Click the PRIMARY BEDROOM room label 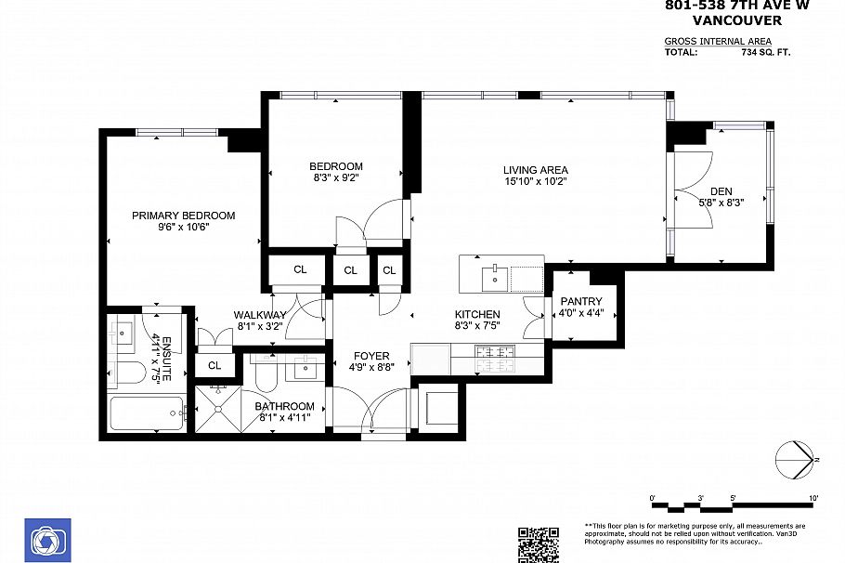click(183, 216)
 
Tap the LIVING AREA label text click(535, 170)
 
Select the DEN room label click(721, 191)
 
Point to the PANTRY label click(581, 301)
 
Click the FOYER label click(371, 356)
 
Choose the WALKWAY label click(260, 315)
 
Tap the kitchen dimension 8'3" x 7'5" click(477, 326)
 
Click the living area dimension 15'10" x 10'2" click(535, 181)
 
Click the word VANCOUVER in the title click(737, 20)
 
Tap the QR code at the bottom click(538, 544)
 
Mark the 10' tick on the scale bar click(813, 499)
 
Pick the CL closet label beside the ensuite click(214, 365)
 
